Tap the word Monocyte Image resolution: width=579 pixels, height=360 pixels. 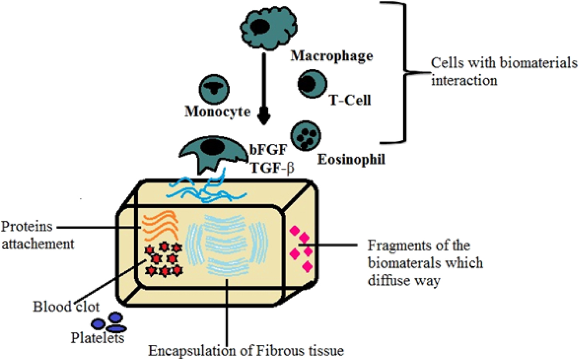tap(218, 112)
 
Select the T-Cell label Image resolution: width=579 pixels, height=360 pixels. tap(348, 101)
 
